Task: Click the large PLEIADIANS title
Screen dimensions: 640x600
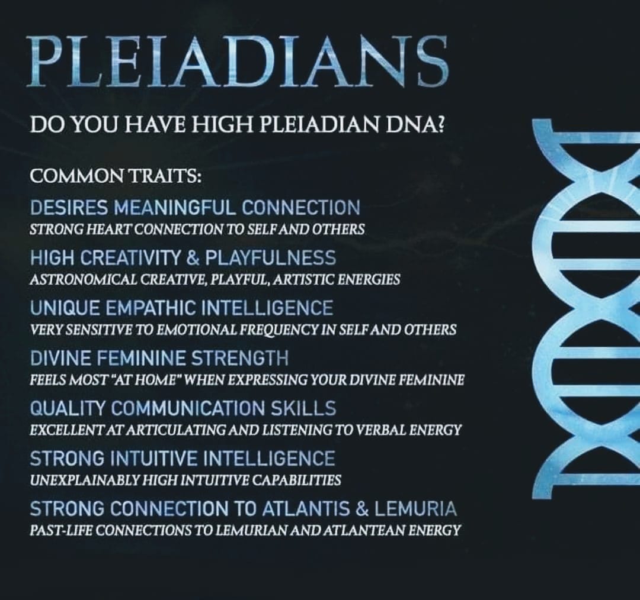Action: tap(238, 61)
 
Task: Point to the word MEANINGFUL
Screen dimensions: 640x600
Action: tap(175, 208)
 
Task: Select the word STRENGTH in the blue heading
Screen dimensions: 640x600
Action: tap(240, 359)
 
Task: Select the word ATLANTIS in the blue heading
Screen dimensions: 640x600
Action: tap(301, 509)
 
